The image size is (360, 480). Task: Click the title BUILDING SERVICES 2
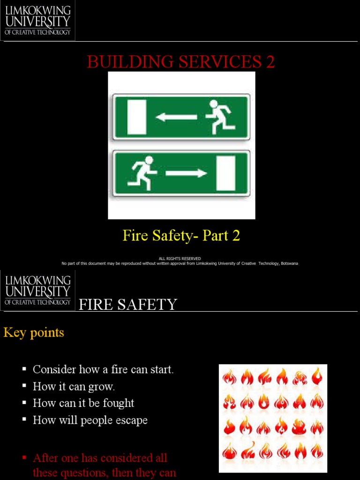tap(180, 62)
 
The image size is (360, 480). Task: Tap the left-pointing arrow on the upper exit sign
tap(176, 117)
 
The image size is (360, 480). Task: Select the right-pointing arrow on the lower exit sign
tap(186, 173)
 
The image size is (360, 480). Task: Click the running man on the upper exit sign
tap(220, 117)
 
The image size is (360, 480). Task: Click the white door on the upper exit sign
tap(137, 117)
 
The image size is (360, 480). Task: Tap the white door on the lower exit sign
tap(225, 173)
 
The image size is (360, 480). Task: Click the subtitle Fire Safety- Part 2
tap(181, 235)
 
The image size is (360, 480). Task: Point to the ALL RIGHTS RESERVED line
tap(180, 258)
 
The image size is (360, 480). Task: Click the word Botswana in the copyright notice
tap(289, 263)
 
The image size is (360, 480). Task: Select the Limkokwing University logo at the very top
tap(37, 20)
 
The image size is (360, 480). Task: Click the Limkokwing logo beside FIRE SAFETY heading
tap(37, 290)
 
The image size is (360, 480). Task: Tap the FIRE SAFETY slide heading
tap(127, 305)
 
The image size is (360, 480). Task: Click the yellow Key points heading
tap(34, 333)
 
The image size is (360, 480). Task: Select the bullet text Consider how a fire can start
tap(103, 369)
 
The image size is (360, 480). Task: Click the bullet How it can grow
tap(74, 387)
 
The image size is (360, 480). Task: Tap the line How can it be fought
tap(83, 403)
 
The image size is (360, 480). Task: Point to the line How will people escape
tap(90, 420)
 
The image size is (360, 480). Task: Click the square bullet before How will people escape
tap(24, 420)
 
